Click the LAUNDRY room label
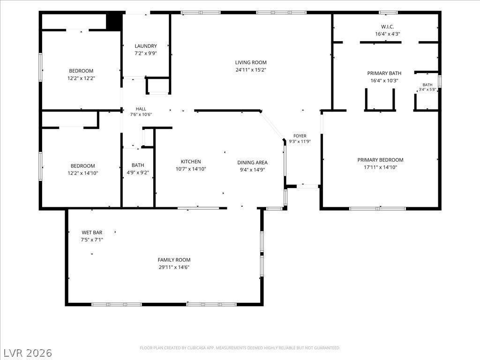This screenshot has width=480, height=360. pos(146,46)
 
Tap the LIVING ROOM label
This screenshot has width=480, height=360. pos(251,62)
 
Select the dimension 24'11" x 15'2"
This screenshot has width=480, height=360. pos(251,70)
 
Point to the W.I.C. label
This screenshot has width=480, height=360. pos(388,27)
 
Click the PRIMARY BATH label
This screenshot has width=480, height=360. pos(384,73)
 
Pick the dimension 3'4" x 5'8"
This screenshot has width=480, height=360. pos(427,90)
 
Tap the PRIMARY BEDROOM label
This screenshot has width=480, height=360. pos(380,160)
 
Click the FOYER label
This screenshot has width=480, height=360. pos(300,136)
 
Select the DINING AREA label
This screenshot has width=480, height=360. pos(252,163)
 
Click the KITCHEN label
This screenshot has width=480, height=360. pos(191,162)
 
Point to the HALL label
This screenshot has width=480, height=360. pos(141,109)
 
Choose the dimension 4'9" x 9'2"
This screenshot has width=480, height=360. pos(138,172)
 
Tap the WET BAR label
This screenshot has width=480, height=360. pos(92,232)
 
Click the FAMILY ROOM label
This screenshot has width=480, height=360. pos(174,260)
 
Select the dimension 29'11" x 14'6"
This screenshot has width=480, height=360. pos(174,267)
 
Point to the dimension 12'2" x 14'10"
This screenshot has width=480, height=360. pos(82,173)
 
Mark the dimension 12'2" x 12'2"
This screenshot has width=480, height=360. pos(81,78)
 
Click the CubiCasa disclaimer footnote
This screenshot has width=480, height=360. pos(240,348)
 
